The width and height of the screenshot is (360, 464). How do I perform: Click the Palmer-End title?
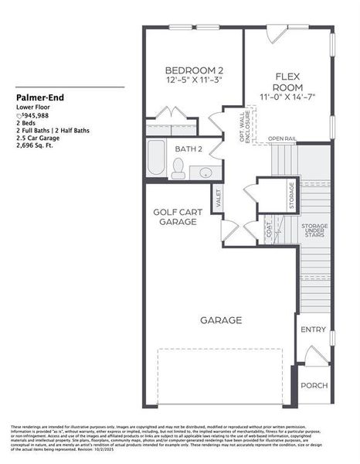click(38, 98)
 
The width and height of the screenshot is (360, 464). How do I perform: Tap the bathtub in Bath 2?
click(155, 159)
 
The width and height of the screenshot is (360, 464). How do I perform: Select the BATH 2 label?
click(188, 148)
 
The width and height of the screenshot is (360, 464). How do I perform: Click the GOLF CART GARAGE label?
click(175, 216)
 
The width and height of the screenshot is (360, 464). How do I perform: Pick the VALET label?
click(219, 197)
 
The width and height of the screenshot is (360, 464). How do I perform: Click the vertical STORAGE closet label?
click(290, 195)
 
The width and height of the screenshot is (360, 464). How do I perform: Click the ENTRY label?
click(313, 329)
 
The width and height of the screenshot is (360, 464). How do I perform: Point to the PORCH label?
click(314, 386)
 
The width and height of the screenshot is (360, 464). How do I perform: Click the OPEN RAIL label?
click(282, 139)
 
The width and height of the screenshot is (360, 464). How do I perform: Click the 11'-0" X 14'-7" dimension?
click(287, 97)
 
